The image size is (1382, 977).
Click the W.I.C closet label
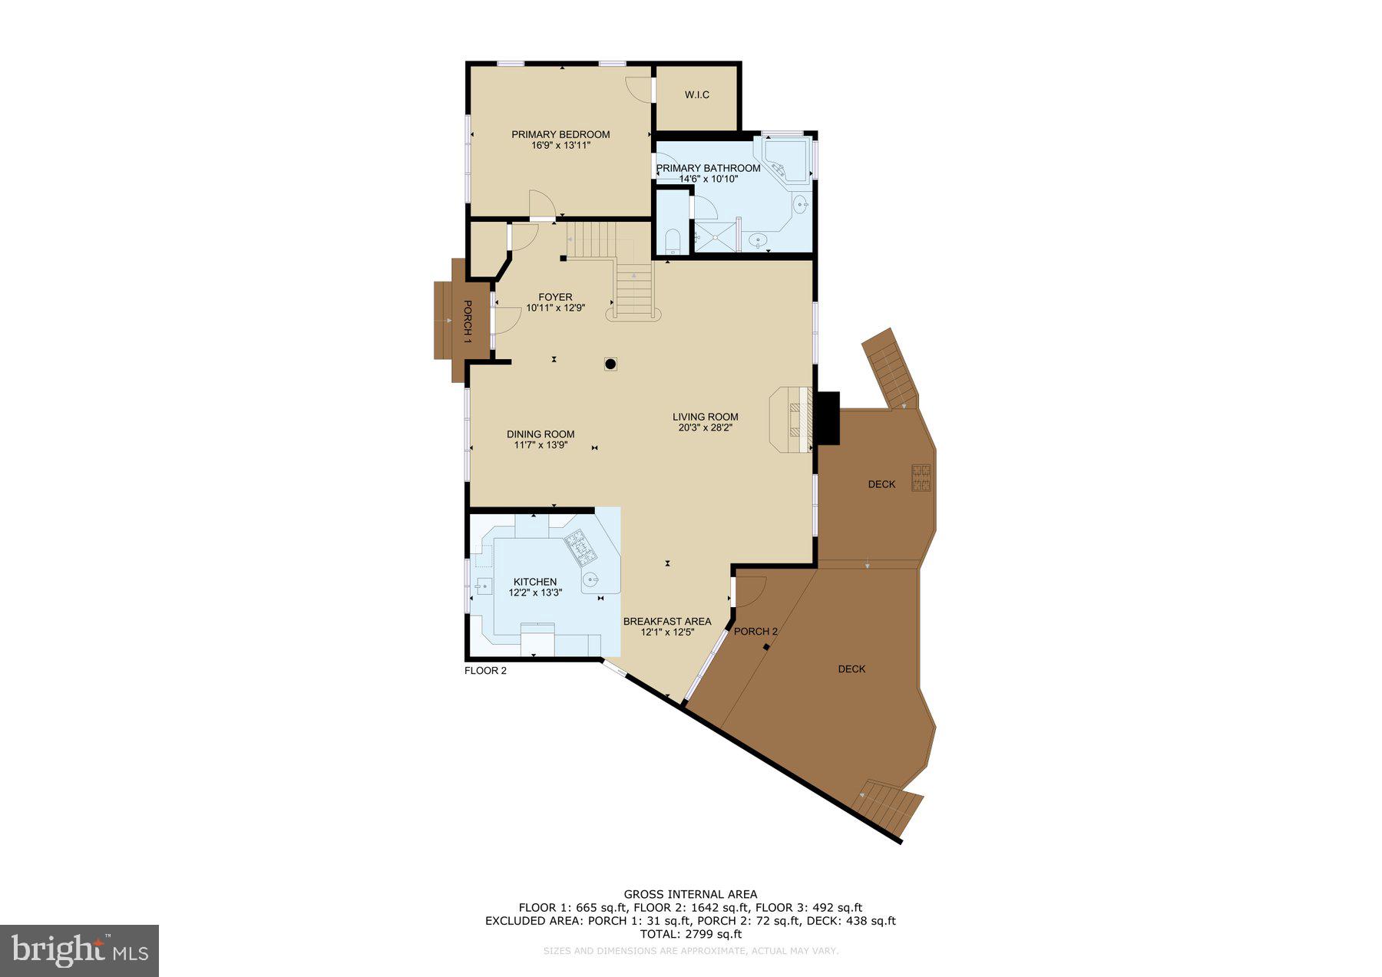[696, 95]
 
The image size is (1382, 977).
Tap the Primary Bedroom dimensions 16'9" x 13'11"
[560, 145]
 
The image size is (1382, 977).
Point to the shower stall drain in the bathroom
[715, 237]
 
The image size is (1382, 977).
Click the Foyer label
[555, 297]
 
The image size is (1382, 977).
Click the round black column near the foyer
[611, 365]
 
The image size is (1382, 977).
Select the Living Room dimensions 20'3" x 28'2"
[705, 427]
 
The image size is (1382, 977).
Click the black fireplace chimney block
[828, 418]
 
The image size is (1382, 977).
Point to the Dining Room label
[541, 434]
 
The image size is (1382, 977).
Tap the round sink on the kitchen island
[590, 580]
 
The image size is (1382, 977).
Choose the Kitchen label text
[535, 582]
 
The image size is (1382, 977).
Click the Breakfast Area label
[666, 622]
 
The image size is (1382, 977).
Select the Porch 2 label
[755, 632]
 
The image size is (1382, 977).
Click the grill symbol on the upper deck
[921, 477]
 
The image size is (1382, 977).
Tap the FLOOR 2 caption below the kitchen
[485, 671]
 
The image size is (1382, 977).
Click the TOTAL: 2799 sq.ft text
[690, 934]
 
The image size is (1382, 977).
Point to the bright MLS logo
[80, 950]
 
